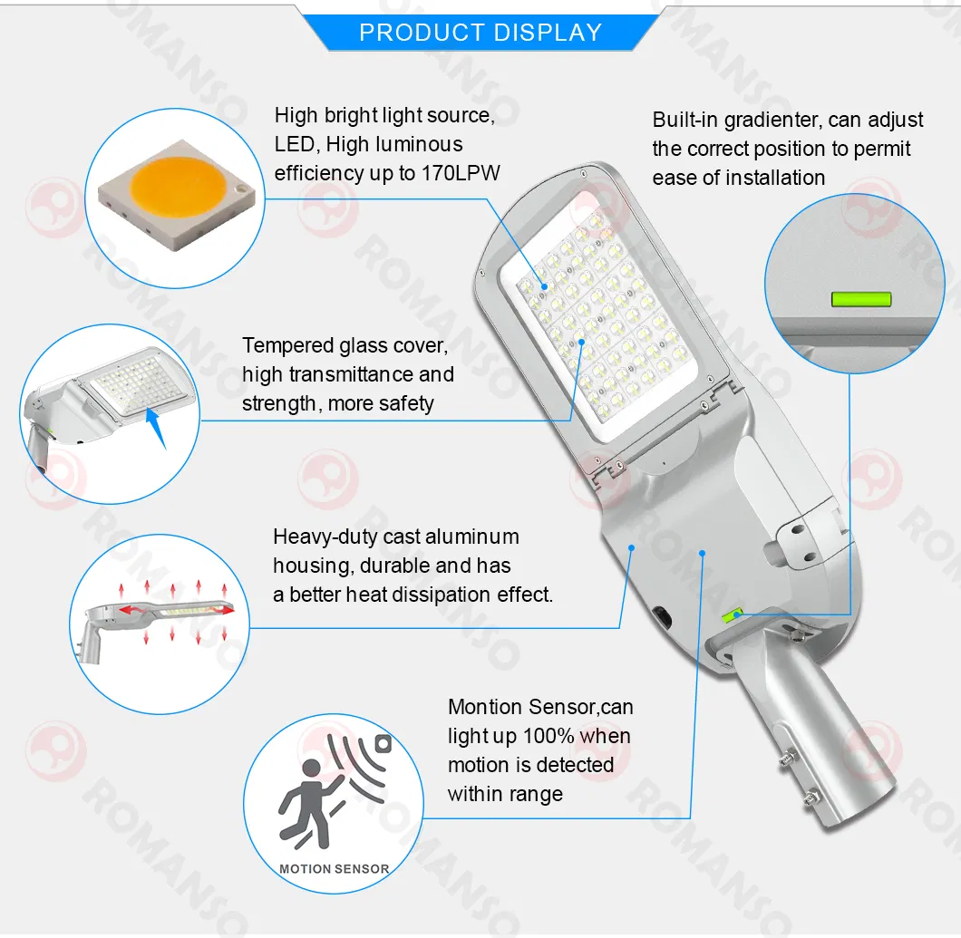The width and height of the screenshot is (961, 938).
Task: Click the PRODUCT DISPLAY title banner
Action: point(480,33)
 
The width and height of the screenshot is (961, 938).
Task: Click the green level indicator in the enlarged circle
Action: point(861,299)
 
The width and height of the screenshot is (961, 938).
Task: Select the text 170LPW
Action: point(461,173)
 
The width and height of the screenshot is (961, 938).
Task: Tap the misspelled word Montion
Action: point(485,707)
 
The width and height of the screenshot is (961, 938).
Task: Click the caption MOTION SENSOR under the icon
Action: point(334,869)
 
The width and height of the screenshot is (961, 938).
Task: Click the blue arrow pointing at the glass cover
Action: point(157,428)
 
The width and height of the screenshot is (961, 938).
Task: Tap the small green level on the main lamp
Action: point(733,614)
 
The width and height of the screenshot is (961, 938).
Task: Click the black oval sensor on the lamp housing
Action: point(662,618)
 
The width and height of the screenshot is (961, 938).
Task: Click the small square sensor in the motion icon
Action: point(383,744)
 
